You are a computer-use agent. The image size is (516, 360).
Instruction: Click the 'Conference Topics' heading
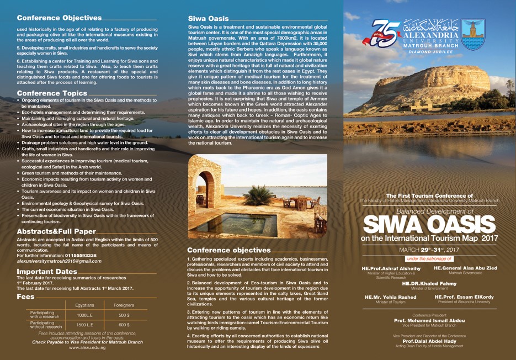pyautogui.click(x=52, y=93)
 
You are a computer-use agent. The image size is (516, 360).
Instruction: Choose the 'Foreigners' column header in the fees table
pyautogui.click(x=124, y=305)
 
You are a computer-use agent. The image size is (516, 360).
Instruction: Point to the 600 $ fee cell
pyautogui.click(x=124, y=325)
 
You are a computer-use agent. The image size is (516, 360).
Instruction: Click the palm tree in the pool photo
pyautogui.click(x=257, y=193)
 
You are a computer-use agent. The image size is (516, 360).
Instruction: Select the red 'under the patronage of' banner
pyautogui.click(x=429, y=258)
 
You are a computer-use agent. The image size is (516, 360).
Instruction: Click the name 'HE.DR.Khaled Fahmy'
pyautogui.click(x=429, y=283)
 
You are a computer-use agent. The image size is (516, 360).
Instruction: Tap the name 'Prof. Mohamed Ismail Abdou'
pyautogui.click(x=429, y=320)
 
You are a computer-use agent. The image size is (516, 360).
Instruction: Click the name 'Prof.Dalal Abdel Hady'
pyautogui.click(x=429, y=341)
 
